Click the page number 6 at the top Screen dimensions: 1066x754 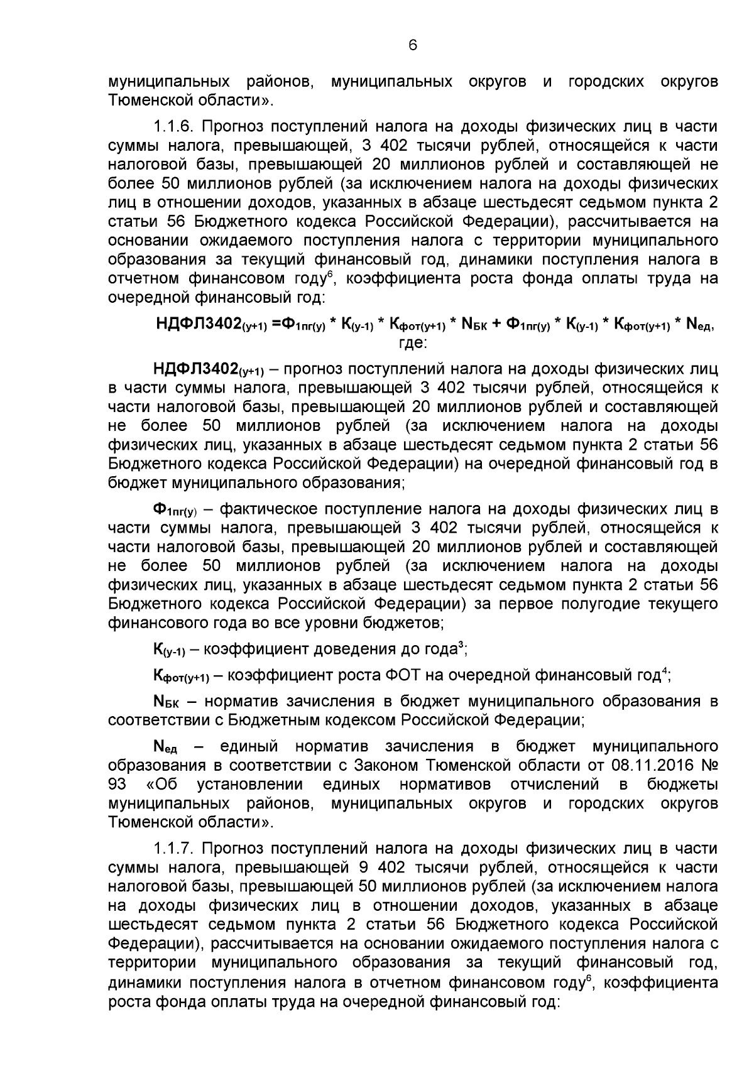point(412,45)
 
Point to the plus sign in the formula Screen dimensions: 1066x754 point(496,324)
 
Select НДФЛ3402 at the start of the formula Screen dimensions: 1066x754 point(198,324)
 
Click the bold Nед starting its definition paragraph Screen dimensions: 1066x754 point(165,747)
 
